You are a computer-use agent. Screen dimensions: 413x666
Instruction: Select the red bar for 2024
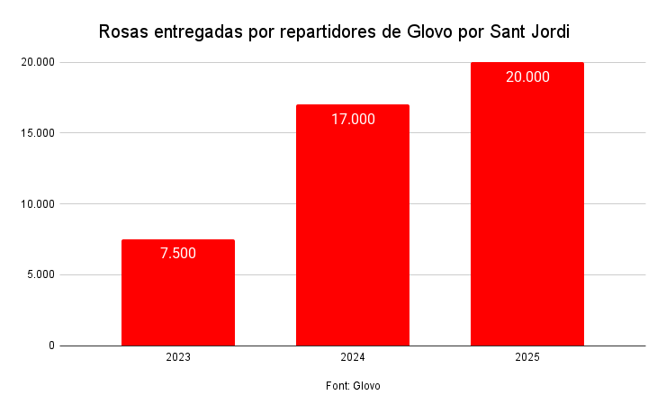coord(353,234)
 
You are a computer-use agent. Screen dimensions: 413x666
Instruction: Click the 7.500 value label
coord(178,254)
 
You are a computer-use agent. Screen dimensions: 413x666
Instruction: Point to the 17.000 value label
coord(353,119)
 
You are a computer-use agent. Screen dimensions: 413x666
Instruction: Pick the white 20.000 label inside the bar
coord(527,77)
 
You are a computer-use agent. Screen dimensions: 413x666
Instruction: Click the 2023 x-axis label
coord(178,357)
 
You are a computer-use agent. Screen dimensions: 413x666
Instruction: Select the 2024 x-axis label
coord(353,357)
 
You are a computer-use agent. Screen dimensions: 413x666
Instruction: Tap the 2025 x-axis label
coord(527,357)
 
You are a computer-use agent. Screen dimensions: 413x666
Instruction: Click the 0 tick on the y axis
coord(51,346)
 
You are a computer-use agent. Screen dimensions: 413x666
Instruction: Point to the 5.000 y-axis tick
coord(39,275)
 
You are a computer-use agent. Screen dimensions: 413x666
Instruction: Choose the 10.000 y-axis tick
coord(36,204)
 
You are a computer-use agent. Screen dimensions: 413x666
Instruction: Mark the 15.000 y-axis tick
coord(36,133)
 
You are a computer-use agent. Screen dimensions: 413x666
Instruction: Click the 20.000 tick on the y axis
coord(36,62)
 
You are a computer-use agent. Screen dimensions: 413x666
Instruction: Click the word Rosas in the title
coord(123,32)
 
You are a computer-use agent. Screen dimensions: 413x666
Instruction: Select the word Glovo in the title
coord(427,32)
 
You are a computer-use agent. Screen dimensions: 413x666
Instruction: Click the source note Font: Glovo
coord(353,386)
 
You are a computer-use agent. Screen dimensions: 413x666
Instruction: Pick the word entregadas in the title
coord(197,32)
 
